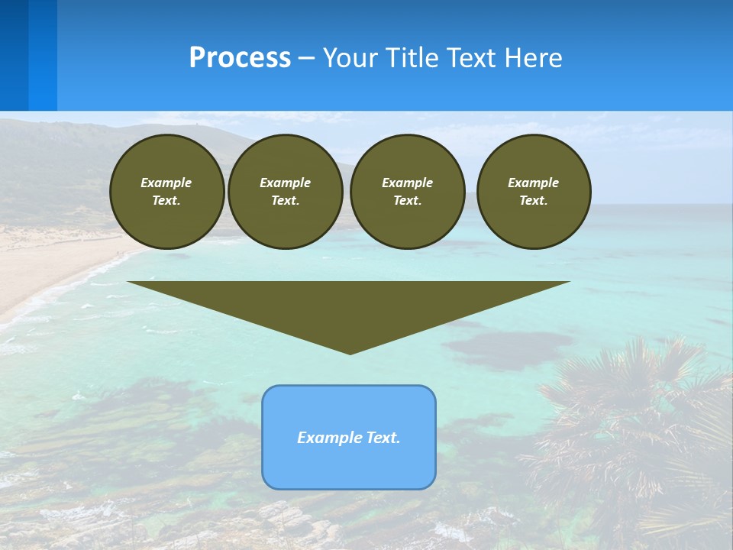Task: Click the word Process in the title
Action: coord(240,58)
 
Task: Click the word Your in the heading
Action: coord(350,58)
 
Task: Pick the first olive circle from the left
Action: coord(166,192)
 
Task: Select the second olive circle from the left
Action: coord(285,192)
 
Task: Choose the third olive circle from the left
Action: coord(407,192)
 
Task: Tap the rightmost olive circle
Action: coord(533,192)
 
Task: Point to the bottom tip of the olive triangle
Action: coord(350,353)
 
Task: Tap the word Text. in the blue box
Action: coord(383,438)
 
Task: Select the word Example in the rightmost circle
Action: coord(533,183)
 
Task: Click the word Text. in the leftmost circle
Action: coord(166,201)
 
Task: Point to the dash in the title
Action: coord(307,58)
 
